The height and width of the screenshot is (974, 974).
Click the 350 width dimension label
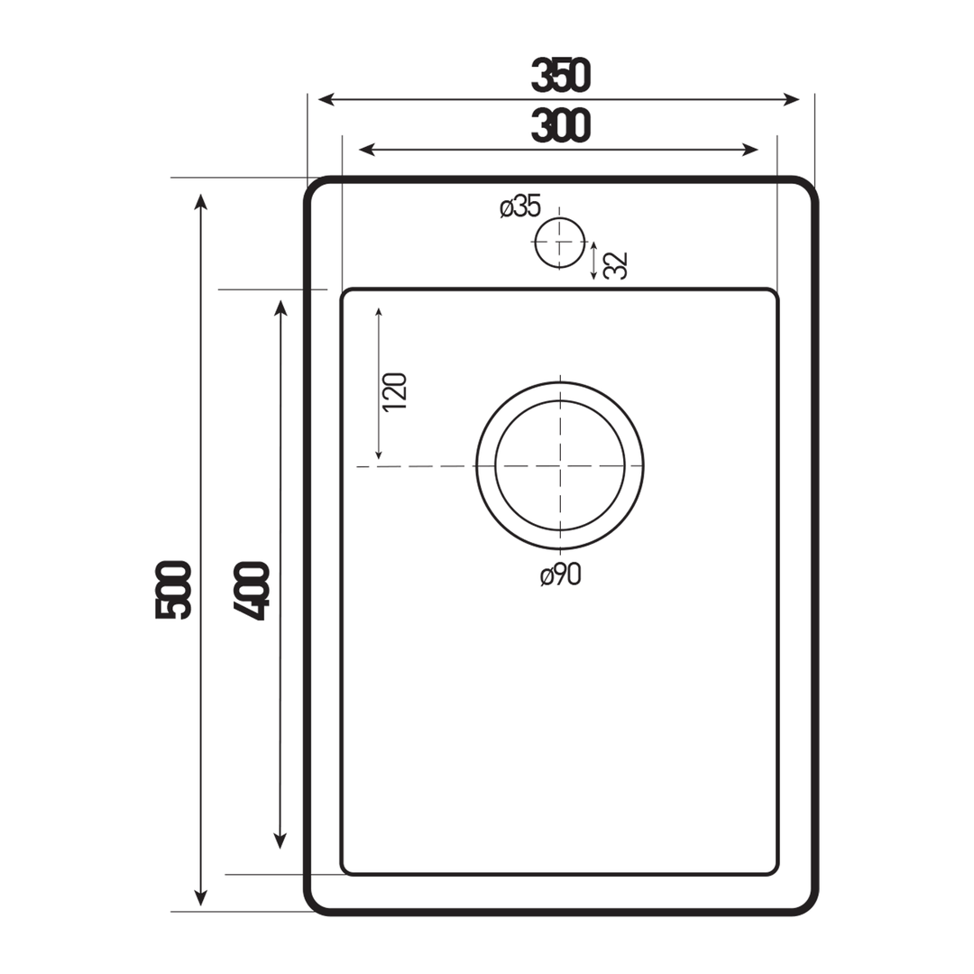coord(560,76)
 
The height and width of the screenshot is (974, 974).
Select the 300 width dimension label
coord(560,125)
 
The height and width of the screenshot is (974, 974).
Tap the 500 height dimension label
coord(173,590)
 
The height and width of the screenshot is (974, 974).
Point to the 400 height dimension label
coord(252,593)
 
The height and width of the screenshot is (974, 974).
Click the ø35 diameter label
coord(519,207)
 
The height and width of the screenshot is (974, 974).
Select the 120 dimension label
coord(395,392)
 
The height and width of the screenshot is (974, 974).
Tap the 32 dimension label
coord(615,265)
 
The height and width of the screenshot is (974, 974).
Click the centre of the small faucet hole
coord(559,243)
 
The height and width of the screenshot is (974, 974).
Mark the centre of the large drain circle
coord(560,465)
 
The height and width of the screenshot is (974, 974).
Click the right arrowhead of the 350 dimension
coord(793,99)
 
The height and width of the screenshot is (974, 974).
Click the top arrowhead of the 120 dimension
coord(379,312)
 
